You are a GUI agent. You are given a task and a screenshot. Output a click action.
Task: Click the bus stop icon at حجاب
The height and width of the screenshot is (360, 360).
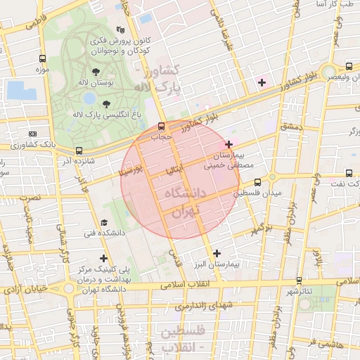(x=162, y=127)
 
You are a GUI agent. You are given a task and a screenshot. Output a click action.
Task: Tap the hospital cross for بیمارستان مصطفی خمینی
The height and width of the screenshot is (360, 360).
(x=229, y=144)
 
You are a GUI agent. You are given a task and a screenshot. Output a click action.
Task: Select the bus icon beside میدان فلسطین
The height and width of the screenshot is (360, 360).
(x=257, y=182)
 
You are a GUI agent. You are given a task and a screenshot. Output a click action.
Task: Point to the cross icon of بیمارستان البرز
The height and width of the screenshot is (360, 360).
(x=217, y=253)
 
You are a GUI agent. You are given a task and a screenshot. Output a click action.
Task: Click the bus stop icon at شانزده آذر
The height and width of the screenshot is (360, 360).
(x=79, y=150)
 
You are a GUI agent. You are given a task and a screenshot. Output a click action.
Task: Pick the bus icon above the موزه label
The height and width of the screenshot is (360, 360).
(x=44, y=59)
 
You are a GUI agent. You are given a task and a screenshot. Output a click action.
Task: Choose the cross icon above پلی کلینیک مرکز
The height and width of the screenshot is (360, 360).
(x=104, y=258)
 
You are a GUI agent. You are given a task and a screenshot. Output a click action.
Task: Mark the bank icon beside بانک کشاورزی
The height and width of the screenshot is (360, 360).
(x=32, y=134)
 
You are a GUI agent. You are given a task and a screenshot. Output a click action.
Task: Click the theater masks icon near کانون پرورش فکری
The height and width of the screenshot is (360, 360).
(x=120, y=30)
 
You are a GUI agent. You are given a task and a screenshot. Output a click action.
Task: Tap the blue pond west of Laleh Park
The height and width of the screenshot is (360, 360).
(x=21, y=90)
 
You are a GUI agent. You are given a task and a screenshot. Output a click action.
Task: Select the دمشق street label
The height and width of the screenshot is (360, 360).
(x=290, y=127)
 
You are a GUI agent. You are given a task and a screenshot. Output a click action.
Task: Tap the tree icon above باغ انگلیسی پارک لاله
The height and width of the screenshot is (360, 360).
(x=106, y=103)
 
